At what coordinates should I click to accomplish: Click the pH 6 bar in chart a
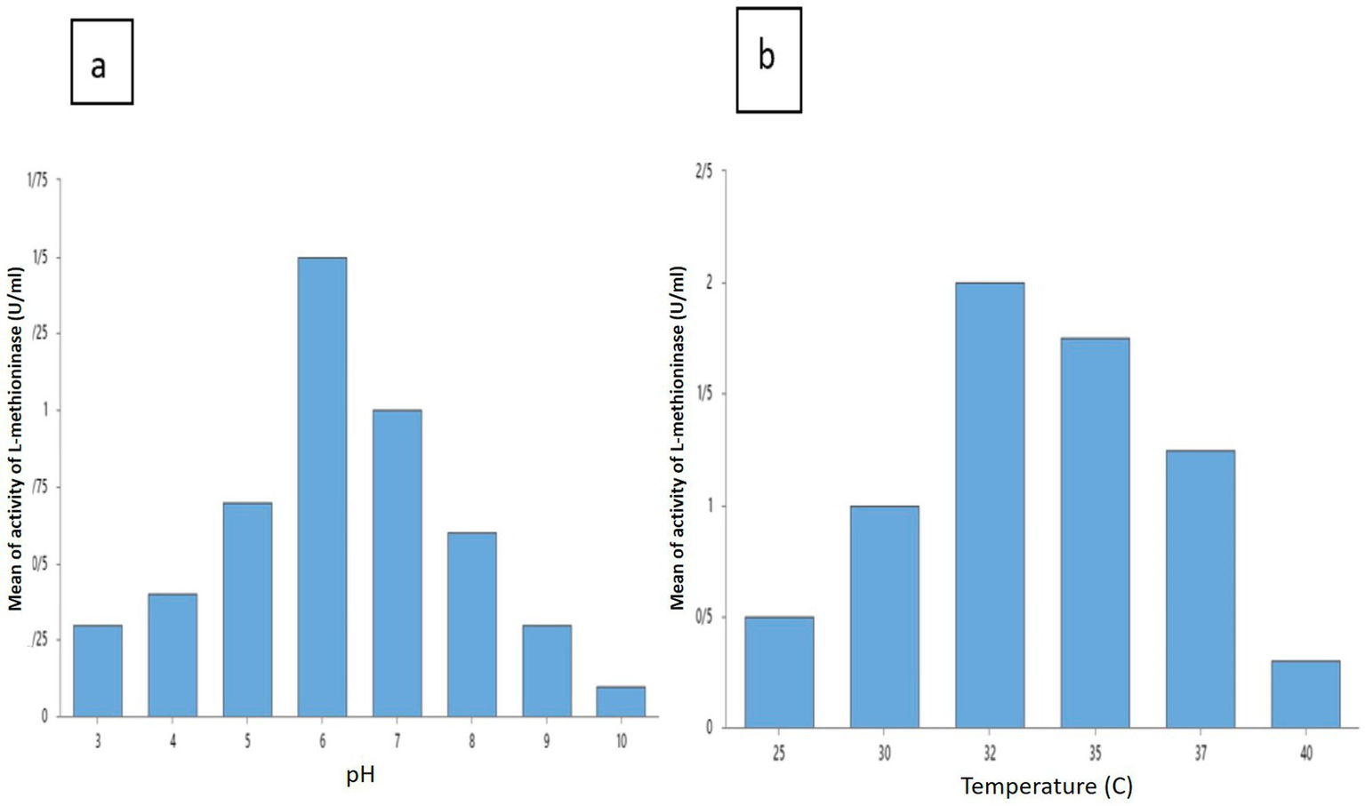[x=322, y=487]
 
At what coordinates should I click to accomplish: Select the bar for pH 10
[x=621, y=701]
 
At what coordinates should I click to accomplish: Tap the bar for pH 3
[x=98, y=671]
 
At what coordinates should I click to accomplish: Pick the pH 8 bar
[x=471, y=625]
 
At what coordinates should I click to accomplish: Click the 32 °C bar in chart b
[x=990, y=505]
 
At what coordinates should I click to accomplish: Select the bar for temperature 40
[x=1305, y=694]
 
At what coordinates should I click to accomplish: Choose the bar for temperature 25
[x=779, y=672]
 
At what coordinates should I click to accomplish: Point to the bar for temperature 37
[x=1200, y=588]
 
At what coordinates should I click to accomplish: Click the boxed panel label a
[x=101, y=63]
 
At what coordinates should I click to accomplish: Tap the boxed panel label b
[x=768, y=60]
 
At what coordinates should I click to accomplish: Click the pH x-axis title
[x=360, y=775]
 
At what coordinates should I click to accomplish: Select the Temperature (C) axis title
[x=1047, y=786]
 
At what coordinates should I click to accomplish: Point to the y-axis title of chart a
[x=15, y=439]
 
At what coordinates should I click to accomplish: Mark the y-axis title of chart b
[x=678, y=438]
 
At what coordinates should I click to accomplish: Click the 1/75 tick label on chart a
[x=38, y=180]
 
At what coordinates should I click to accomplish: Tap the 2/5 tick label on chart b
[x=703, y=172]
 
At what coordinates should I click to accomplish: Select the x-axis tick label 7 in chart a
[x=397, y=741]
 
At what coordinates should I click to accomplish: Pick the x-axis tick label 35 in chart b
[x=1095, y=754]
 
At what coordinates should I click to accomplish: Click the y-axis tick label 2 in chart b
[x=709, y=283]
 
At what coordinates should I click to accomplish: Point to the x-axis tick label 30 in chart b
[x=884, y=754]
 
